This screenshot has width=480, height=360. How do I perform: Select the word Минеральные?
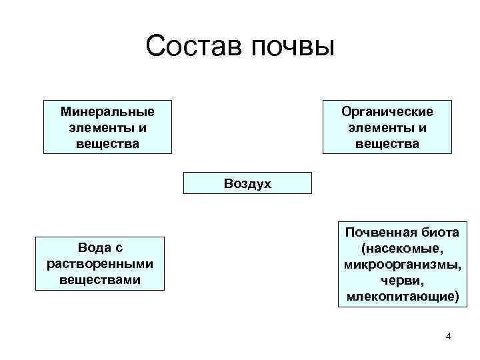click(x=107, y=111)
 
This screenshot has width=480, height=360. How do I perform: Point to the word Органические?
click(x=387, y=111)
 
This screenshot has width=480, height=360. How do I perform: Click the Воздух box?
click(x=247, y=183)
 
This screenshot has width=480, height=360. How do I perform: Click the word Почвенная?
click(x=377, y=232)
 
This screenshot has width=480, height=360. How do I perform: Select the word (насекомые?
click(x=402, y=248)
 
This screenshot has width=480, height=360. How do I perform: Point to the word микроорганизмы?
click(x=402, y=264)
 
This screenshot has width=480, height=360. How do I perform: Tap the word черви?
click(x=402, y=280)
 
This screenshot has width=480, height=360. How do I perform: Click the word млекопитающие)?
click(x=402, y=296)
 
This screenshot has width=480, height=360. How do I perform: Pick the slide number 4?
click(x=448, y=335)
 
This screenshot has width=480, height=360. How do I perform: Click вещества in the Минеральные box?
click(x=107, y=143)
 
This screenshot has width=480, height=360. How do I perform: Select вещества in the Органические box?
click(x=387, y=143)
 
